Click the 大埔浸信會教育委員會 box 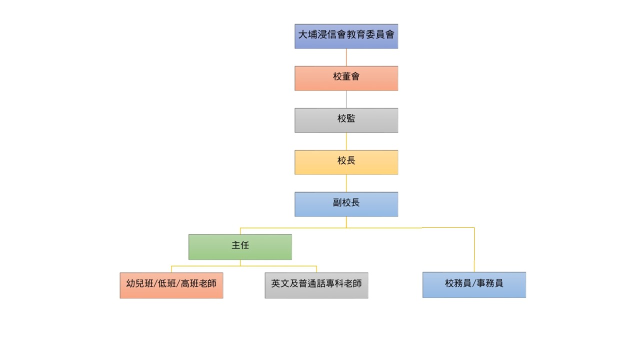point(346,36)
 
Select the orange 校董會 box point(346,78)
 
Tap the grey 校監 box point(346,120)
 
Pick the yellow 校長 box point(346,162)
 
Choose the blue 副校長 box point(346,204)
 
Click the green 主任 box point(240,246)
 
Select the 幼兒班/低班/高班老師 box point(171,285)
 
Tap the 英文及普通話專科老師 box point(316,285)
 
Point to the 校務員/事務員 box point(474,285)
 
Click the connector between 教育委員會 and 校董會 point(346,57)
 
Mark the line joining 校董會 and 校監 point(346,99)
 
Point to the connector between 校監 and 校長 point(346,141)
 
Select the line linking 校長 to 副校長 point(346,183)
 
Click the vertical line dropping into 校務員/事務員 point(474,250)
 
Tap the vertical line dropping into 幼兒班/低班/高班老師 point(171,269)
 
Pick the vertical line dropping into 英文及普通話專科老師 point(316,269)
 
